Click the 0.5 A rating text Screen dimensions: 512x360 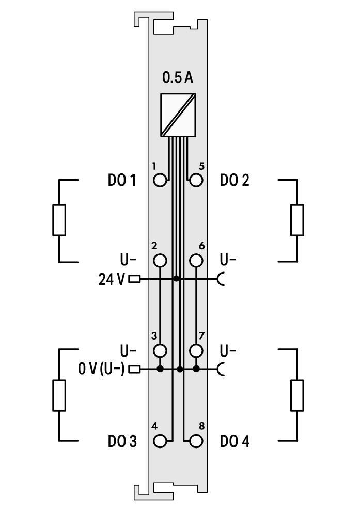(178, 77)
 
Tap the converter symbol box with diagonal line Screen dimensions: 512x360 (178, 115)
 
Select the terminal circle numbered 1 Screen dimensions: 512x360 (161, 180)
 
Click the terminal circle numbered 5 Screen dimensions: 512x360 (196, 180)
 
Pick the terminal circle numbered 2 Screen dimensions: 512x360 (161, 261)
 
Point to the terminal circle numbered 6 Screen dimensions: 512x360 (196, 261)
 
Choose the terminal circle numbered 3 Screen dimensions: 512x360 (161, 351)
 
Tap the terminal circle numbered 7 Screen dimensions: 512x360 (196, 351)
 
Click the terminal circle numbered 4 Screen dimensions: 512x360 (161, 441)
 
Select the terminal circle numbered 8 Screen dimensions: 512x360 (196, 441)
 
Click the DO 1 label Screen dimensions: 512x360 (122, 181)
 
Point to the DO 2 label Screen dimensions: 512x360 (234, 181)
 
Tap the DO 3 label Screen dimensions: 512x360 (122, 442)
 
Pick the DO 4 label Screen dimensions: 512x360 (234, 442)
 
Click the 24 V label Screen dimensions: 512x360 (112, 279)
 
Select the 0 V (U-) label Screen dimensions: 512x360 (101, 369)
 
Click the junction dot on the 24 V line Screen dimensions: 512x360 (176, 279)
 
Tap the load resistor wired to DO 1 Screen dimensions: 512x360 (59, 220)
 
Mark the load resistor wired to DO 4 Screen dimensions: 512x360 (297, 395)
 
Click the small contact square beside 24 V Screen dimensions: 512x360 (134, 279)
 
